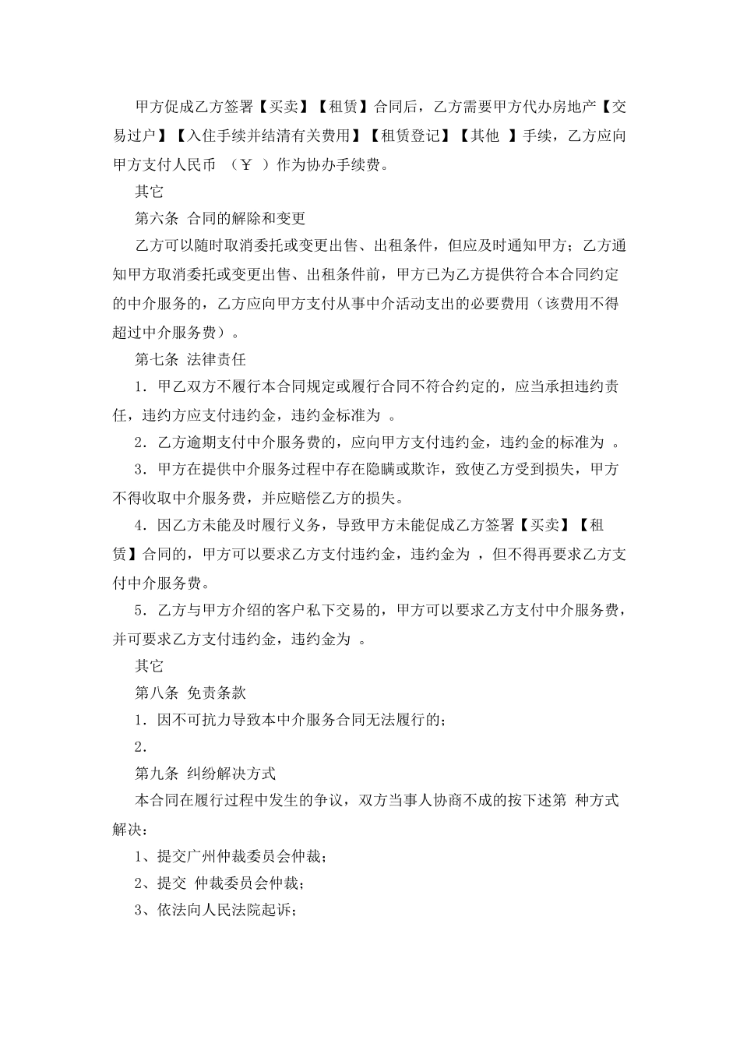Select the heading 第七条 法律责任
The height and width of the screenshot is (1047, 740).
point(191,359)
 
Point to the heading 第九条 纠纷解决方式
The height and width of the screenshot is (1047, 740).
point(206,774)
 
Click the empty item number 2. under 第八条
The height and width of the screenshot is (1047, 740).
point(141,747)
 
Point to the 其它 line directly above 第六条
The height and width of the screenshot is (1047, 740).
point(149,192)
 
